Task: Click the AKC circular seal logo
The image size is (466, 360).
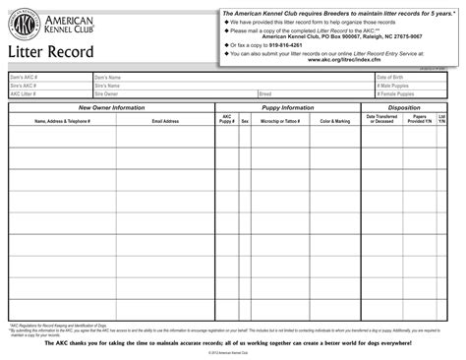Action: click(26, 26)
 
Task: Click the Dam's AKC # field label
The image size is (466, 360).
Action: click(24, 77)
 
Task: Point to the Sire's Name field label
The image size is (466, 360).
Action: click(107, 86)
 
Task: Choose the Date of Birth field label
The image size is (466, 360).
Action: click(391, 77)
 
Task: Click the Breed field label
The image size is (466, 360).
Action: click(265, 94)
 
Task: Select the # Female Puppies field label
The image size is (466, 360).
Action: click(397, 94)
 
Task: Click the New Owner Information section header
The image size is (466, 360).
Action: click(111, 107)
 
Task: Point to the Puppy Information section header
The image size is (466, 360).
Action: click(287, 107)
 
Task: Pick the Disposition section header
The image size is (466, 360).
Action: click(404, 107)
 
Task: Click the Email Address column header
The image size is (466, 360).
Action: click(165, 121)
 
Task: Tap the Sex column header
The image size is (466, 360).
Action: click(245, 121)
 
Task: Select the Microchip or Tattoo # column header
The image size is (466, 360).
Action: click(280, 121)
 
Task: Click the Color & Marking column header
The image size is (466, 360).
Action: click(334, 121)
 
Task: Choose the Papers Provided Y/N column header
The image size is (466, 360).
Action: click(420, 119)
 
